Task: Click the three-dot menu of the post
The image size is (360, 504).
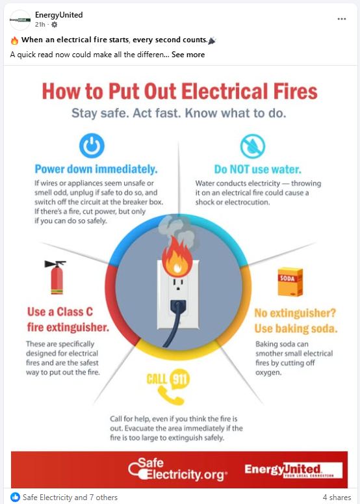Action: [342, 19]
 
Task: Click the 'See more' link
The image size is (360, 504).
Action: [188, 55]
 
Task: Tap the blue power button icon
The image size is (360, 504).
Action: [92, 146]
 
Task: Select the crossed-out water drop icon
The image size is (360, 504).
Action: [253, 146]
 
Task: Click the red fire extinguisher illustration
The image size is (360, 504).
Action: [55, 277]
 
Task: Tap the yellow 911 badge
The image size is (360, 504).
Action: [179, 379]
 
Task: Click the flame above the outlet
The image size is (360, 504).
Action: [177, 257]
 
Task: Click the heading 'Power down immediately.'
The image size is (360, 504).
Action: [96, 169]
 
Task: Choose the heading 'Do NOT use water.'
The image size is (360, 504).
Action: [258, 169]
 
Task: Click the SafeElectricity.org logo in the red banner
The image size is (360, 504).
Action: [177, 470]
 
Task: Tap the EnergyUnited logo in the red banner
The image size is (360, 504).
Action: [293, 470]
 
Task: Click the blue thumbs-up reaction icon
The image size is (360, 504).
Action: [15, 497]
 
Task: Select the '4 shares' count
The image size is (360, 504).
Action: [337, 497]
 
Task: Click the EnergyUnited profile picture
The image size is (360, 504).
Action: [20, 20]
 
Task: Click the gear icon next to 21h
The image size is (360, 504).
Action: [55, 25]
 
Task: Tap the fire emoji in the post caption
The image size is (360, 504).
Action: [14, 40]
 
